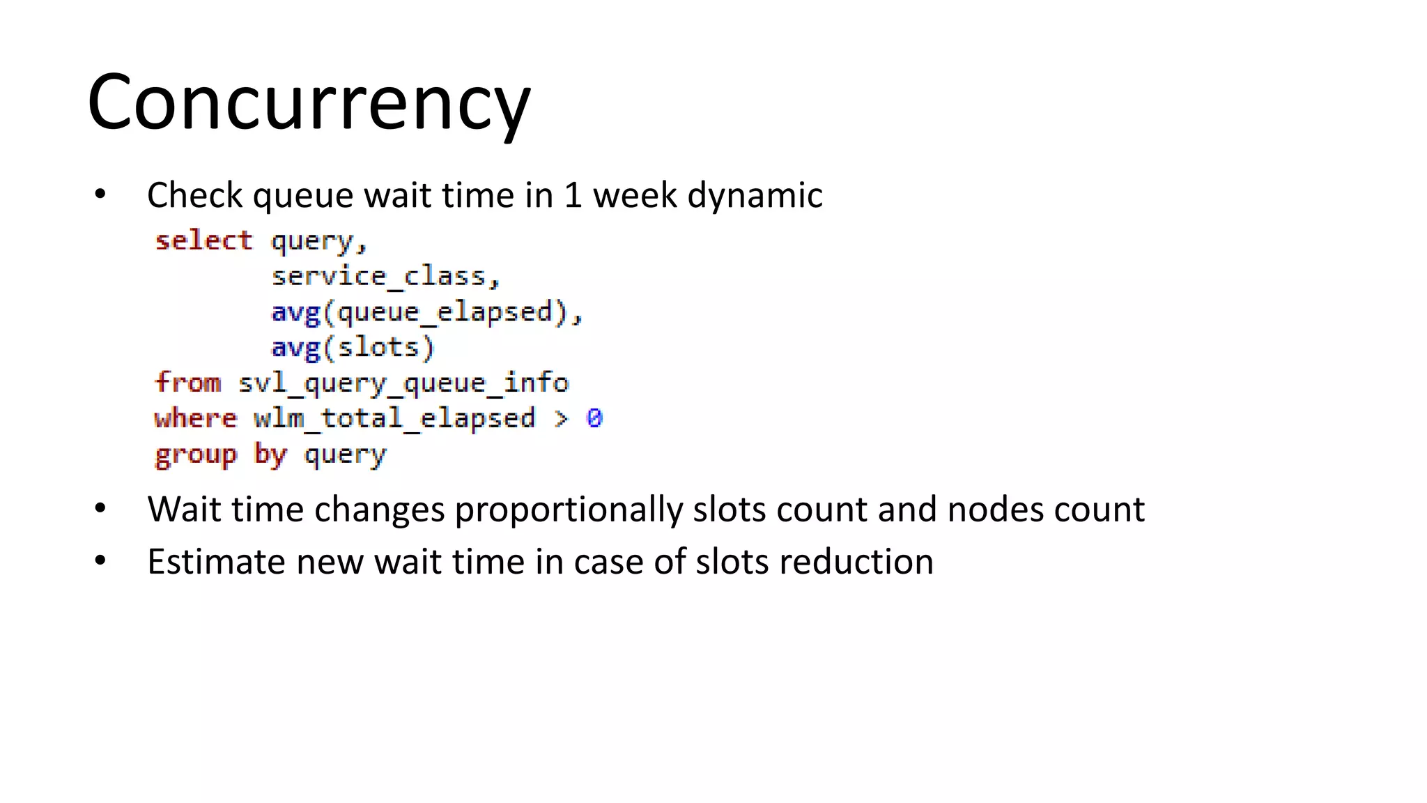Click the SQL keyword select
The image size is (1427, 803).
[203, 240]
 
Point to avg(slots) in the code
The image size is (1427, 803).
[352, 348]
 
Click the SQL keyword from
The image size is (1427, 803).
[187, 383]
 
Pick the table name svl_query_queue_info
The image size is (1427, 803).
[403, 383]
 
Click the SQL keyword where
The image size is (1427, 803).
[195, 419]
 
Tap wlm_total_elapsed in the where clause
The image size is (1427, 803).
[394, 419]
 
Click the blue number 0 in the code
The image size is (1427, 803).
[594, 418]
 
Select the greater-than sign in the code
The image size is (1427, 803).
[561, 419]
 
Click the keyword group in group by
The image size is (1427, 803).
[195, 455]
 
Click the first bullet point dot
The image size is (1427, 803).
[100, 194]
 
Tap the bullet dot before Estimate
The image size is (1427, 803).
[100, 561]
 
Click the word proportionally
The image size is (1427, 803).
[568, 510]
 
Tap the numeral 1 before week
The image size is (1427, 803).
[573, 195]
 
